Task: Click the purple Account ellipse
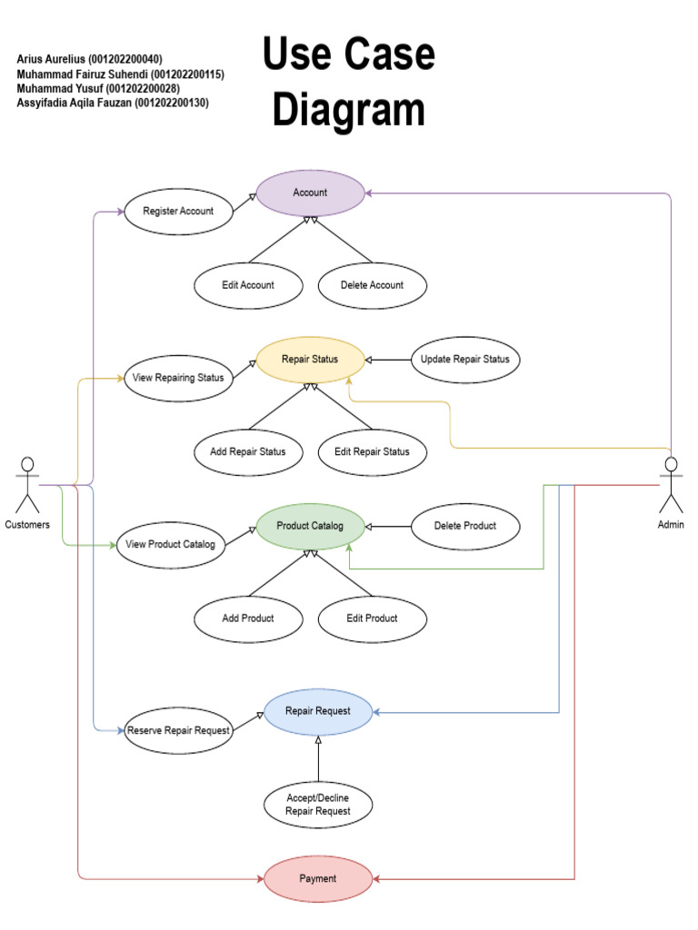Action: [x=310, y=193]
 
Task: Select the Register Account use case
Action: [x=178, y=211]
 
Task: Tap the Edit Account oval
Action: [x=248, y=284]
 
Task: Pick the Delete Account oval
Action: [x=372, y=284]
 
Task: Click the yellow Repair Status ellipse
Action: [x=310, y=359]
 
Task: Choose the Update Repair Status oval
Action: [x=465, y=359]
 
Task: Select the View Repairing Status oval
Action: [x=178, y=378]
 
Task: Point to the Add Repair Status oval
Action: [x=248, y=451]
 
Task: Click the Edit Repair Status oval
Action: [x=372, y=451]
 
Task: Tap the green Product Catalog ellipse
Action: [x=310, y=526]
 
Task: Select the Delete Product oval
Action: [x=465, y=526]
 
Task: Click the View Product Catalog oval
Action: [x=171, y=545]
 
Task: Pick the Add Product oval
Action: [x=248, y=618]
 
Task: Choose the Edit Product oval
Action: [x=372, y=618]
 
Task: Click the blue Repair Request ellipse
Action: [x=318, y=711]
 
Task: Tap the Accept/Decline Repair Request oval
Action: [x=318, y=804]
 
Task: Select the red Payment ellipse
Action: [x=318, y=878]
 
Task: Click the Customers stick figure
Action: [x=27, y=485]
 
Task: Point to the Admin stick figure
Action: [x=671, y=485]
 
